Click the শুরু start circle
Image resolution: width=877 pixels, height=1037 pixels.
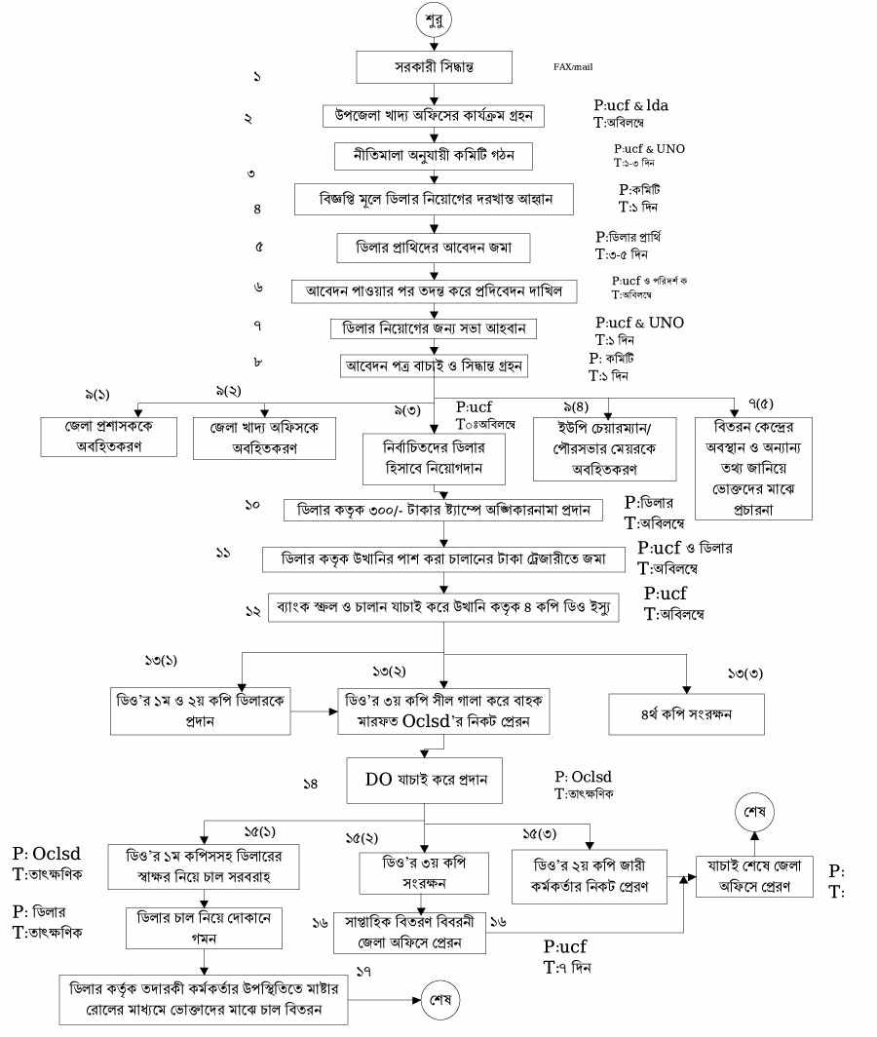coord(434,19)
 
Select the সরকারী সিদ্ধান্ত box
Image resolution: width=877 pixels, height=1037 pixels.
coord(434,67)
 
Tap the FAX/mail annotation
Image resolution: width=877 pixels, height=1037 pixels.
coord(573,67)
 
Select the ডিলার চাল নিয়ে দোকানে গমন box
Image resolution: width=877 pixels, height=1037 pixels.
coord(204,926)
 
